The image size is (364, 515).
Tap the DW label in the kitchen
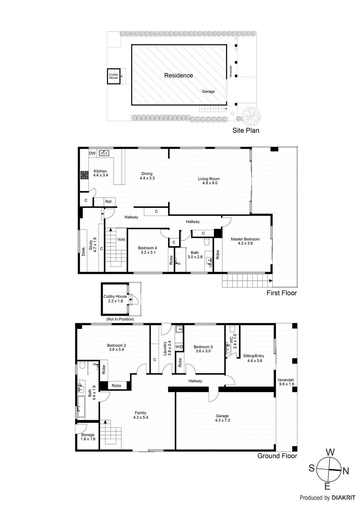click(92, 153)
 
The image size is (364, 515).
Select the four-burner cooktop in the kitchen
click(84, 175)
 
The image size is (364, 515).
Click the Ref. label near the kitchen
click(109, 202)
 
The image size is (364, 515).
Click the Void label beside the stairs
click(121, 239)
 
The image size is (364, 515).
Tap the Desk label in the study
click(83, 252)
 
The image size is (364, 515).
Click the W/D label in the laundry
click(179, 347)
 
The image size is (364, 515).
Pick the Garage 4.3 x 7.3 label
click(222, 418)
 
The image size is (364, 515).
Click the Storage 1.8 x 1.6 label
click(88, 437)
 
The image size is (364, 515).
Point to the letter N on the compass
click(346, 471)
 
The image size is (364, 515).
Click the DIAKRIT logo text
click(343, 498)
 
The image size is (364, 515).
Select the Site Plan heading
click(246, 130)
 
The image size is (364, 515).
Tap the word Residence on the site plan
click(179, 75)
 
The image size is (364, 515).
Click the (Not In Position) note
click(120, 319)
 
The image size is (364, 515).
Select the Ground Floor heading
click(277, 456)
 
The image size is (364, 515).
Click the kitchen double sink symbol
click(104, 153)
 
